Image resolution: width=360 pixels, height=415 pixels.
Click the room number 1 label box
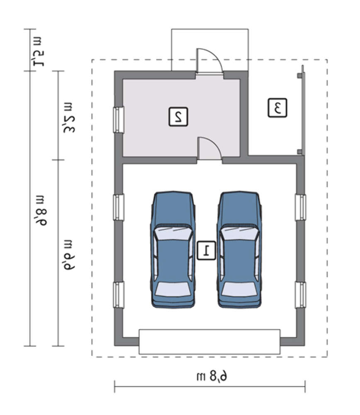pos(206,250)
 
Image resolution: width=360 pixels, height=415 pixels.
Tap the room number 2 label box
pos(178,117)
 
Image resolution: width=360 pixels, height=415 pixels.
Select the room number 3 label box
pos(277,108)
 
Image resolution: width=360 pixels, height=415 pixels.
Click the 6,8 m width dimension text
pos(212,376)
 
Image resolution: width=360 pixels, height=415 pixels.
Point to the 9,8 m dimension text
pos(41,210)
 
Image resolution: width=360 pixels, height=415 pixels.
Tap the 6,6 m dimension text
pos(69,254)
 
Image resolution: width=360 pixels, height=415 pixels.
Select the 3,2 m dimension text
pos(69,118)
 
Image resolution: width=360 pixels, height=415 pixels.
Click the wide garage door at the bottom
pos(209,342)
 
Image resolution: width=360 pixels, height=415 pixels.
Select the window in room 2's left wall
pos(119,120)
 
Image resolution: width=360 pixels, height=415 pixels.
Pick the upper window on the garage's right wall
pos(301,207)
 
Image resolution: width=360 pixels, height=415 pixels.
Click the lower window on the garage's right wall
pos(301,295)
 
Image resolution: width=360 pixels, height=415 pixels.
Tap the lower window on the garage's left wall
pos(119,295)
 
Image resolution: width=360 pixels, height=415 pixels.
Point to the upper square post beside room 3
pos(299,76)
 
